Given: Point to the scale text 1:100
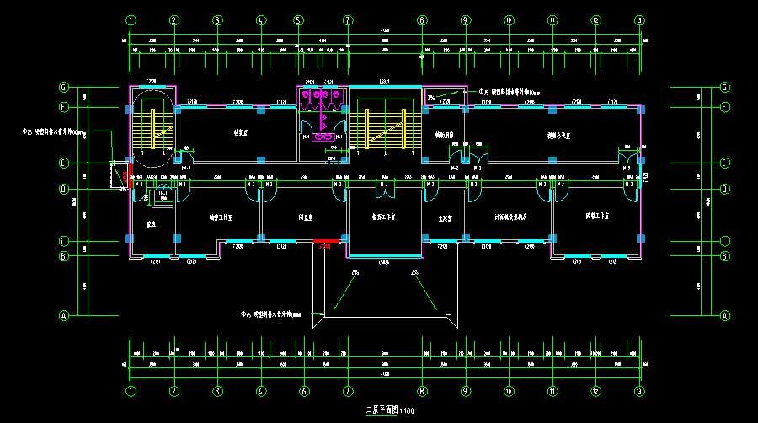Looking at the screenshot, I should pyautogui.click(x=407, y=411).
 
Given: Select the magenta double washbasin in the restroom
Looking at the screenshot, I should pyautogui.click(x=323, y=135).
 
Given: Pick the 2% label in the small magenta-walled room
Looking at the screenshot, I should pyautogui.click(x=431, y=99).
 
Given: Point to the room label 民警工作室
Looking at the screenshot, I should pyautogui.click(x=595, y=217).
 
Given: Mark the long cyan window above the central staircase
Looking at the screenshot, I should pyautogui.click(x=385, y=87).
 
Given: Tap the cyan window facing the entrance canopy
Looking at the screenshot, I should pyautogui.click(x=385, y=255).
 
